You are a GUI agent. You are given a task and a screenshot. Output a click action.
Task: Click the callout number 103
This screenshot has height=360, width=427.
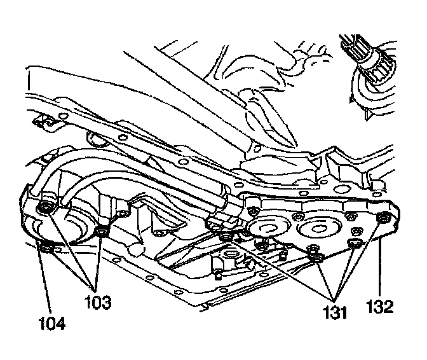click(x=97, y=301)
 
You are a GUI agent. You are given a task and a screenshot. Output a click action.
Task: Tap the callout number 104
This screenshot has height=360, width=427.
click(x=51, y=324)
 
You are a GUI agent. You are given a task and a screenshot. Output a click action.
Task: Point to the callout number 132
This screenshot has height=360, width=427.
click(x=379, y=307)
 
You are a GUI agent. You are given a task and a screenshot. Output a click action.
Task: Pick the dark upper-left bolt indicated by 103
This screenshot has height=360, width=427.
click(x=46, y=208)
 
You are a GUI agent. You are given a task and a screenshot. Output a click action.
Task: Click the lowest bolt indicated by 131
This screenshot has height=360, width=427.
click(x=316, y=257)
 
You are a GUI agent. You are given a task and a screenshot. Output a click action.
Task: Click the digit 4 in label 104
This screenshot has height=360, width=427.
click(x=60, y=324)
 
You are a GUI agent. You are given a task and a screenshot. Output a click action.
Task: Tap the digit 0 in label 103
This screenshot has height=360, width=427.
click(x=97, y=301)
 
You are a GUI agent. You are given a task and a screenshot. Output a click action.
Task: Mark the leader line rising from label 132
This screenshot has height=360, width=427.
click(x=378, y=267)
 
